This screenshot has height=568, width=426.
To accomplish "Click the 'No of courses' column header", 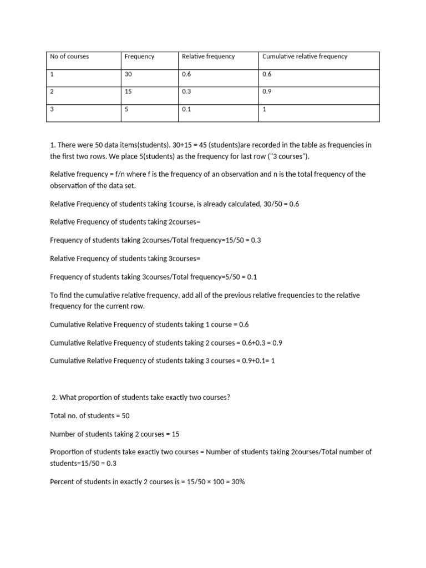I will [69, 57].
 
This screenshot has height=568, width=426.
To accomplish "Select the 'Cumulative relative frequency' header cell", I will [305, 57].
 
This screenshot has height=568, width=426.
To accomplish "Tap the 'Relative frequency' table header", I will [208, 57].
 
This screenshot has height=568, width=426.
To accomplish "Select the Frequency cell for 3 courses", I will [126, 109].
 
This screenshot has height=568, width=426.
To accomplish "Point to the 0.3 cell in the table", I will [186, 92].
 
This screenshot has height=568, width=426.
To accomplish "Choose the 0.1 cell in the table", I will [186, 110].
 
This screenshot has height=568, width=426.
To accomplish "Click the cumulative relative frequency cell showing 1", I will [265, 110].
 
